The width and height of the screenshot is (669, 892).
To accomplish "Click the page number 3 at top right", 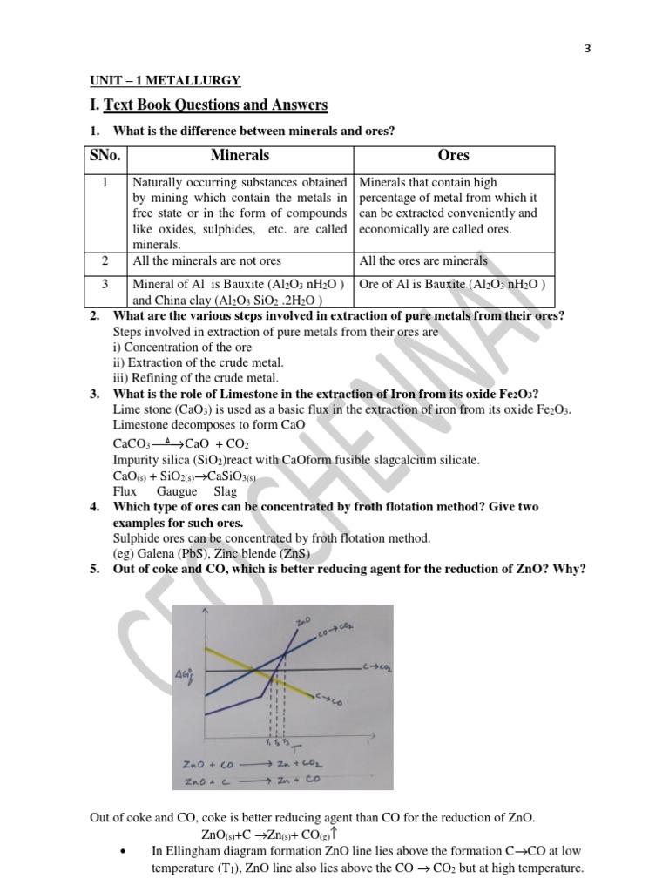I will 587,48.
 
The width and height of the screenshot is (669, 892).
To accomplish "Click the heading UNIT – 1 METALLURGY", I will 166,81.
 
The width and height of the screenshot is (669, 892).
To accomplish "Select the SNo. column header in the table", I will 105,156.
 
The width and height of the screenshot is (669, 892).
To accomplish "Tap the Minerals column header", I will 240,156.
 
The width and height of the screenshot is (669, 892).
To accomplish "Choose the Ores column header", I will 453,156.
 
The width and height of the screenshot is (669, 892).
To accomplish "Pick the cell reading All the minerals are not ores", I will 206,260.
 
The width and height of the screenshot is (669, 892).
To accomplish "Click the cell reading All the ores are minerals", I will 423,260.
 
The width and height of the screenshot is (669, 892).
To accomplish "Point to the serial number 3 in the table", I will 105,284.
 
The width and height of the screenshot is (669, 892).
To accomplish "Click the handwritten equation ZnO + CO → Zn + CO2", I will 252,764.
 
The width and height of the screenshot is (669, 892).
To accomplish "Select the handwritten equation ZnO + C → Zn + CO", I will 252,781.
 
